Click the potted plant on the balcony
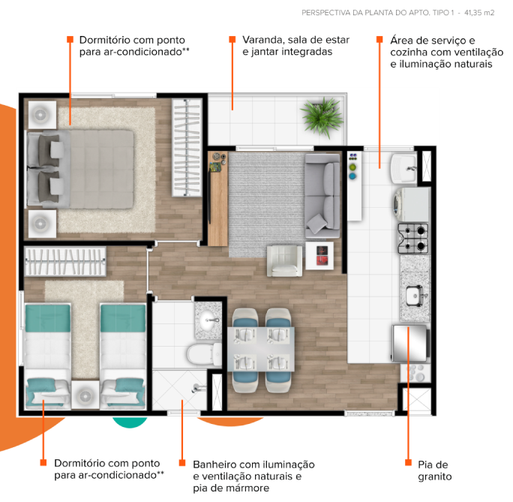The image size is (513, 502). click(321, 116)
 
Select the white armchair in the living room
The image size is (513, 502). click(285, 260)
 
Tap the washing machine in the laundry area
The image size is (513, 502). click(412, 203)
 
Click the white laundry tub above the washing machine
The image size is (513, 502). click(404, 167)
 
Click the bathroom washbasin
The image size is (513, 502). click(207, 320)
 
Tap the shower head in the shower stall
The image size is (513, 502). click(196, 388)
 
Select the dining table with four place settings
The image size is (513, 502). click(262, 350)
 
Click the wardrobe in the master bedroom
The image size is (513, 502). click(187, 147)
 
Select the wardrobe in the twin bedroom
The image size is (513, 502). click(64, 261)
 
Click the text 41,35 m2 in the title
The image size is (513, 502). click(479, 13)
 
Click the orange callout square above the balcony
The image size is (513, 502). click(232, 39)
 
